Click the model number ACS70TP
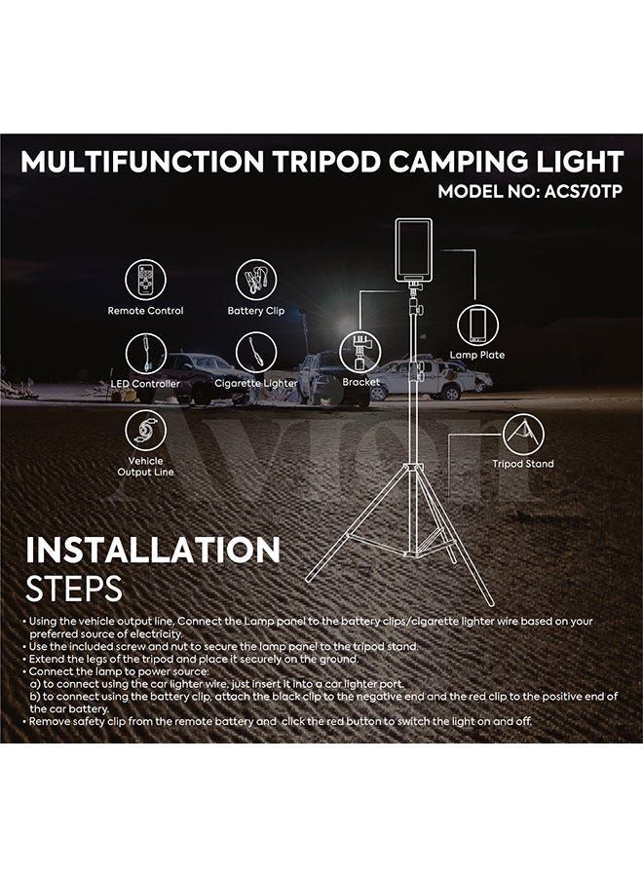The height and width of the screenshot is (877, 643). point(583,191)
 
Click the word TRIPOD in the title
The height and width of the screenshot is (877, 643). point(327,162)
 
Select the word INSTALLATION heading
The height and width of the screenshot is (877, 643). point(153,550)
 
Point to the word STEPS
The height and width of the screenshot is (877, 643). point(74,589)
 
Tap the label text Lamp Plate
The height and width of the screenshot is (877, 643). point(477,355)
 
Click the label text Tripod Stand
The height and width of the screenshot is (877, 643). point(523,464)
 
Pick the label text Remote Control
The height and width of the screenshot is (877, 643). point(145,311)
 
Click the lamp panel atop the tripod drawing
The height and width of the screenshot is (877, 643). point(414,250)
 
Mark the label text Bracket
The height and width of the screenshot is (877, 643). point(361,382)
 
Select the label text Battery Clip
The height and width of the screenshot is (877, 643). point(256,311)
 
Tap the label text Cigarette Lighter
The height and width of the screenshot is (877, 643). point(256,383)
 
